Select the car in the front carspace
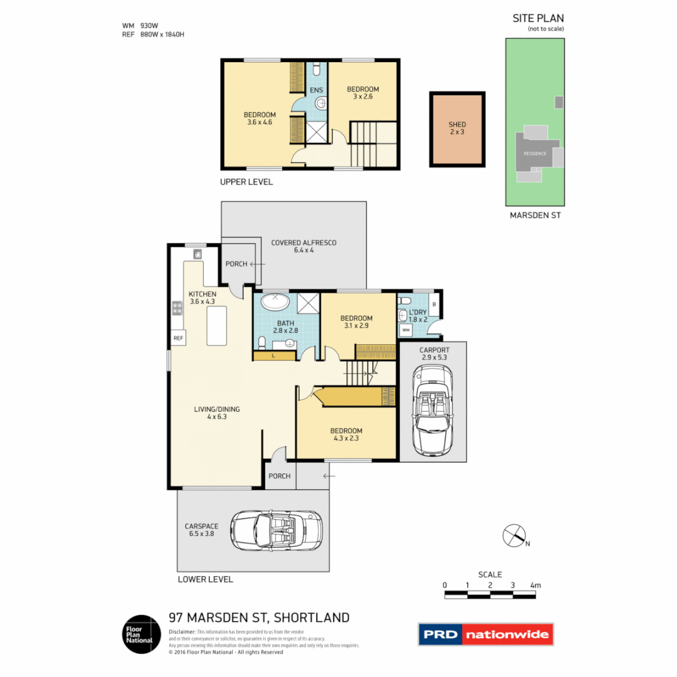[x=276, y=530]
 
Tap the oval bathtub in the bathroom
[x=274, y=302]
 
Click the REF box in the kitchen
[x=177, y=338]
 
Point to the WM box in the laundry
[x=406, y=330]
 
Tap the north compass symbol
[x=514, y=535]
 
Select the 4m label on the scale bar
[x=535, y=585]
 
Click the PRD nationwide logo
[x=486, y=634]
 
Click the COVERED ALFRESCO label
[x=303, y=246]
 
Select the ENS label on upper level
[x=316, y=90]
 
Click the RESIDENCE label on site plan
[x=535, y=154]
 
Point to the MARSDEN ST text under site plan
[x=535, y=215]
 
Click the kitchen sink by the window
[x=197, y=254]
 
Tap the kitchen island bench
[x=218, y=322]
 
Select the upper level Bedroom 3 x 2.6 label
[x=363, y=93]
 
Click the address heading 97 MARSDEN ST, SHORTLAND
[x=259, y=617]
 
